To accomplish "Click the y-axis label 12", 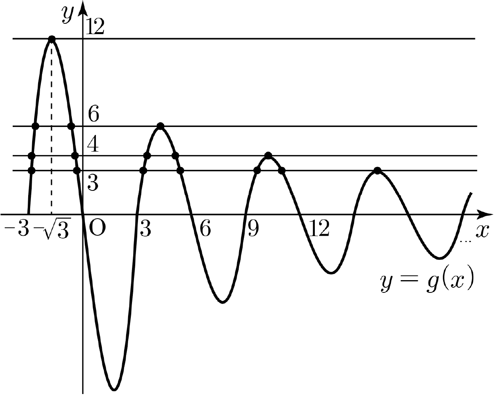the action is click(x=95, y=27).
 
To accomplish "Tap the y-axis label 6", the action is click(x=94, y=113).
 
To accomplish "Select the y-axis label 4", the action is click(x=93, y=144).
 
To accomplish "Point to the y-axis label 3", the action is click(x=93, y=183).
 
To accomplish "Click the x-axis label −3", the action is click(x=17, y=228).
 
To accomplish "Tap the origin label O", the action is click(x=97, y=228).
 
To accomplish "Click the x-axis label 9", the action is click(x=253, y=229).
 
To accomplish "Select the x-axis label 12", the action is click(x=320, y=228).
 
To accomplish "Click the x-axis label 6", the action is click(x=205, y=229).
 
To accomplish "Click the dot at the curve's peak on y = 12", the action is click(x=52, y=39).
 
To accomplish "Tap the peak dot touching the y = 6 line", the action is click(x=161, y=126).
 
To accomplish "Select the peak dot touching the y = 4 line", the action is click(x=268, y=156).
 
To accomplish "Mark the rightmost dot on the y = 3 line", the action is click(x=377, y=171).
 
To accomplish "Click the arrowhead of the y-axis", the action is click(x=83, y=8).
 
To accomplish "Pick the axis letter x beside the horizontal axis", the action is click(x=482, y=231).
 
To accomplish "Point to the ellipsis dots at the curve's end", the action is click(x=466, y=241).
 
